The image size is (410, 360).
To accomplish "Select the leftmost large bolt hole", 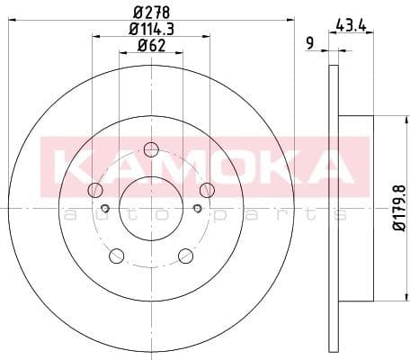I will click(95, 190).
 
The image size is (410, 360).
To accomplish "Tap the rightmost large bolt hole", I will click(207, 189).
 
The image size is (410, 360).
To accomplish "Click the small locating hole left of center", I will click(105, 209).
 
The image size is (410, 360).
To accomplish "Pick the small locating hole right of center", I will click(197, 209).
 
